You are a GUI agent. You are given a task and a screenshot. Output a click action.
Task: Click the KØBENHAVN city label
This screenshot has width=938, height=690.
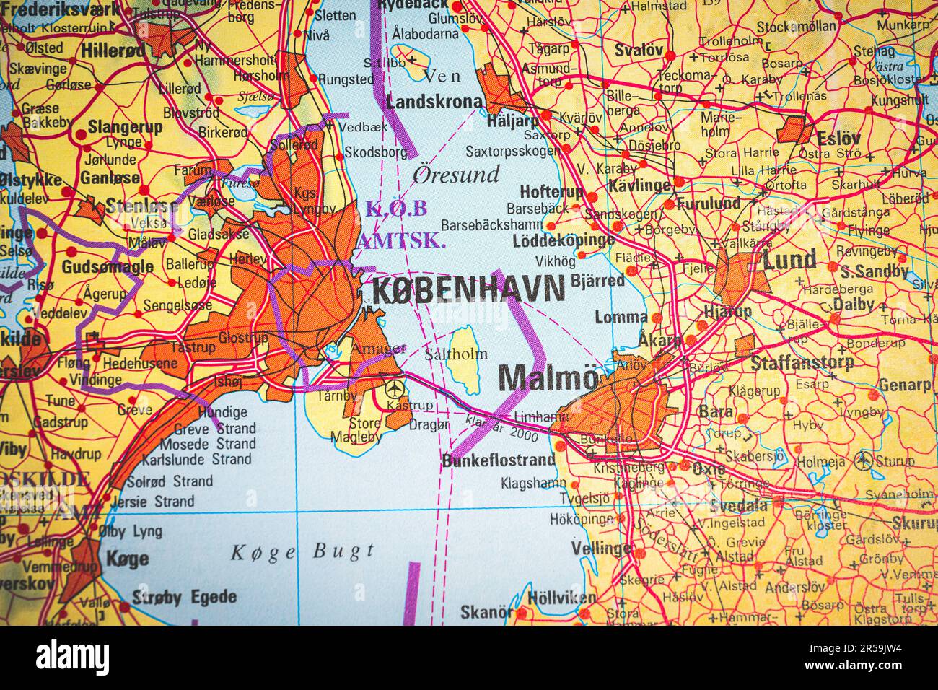pyautogui.click(x=468, y=290)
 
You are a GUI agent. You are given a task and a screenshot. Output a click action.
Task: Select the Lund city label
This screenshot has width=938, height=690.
pyautogui.click(x=790, y=259)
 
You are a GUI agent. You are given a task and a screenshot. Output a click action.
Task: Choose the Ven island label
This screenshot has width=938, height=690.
pyautogui.click(x=440, y=75)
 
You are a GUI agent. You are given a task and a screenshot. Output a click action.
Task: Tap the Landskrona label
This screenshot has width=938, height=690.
pyautogui.click(x=435, y=102)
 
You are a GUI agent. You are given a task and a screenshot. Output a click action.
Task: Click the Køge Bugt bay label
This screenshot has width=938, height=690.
pyautogui.click(x=303, y=553)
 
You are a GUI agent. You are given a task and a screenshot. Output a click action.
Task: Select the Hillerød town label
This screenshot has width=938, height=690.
pyautogui.click(x=113, y=51)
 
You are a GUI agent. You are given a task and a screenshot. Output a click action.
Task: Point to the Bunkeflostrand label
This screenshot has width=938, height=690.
pyautogui.click(x=499, y=460)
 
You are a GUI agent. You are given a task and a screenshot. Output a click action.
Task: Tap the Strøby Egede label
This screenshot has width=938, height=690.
pyautogui.click(x=184, y=597)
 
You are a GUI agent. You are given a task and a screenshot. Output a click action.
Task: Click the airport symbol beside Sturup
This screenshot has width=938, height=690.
pyautogui.click(x=863, y=459)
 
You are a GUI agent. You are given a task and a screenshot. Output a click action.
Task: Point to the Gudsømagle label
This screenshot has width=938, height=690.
pyautogui.click(x=108, y=266)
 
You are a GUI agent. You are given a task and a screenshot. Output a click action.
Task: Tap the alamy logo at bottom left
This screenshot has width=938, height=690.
pyautogui.click(x=73, y=658)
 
